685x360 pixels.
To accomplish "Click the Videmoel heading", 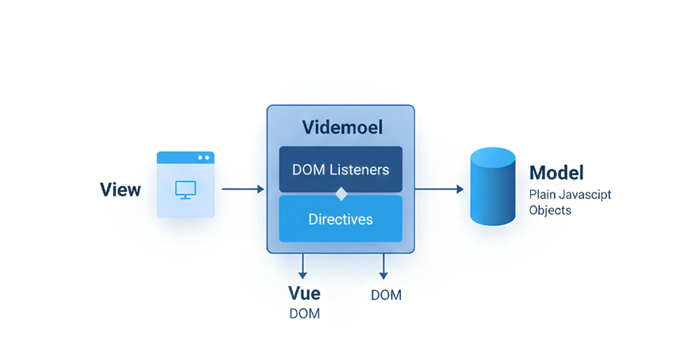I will point(342,127).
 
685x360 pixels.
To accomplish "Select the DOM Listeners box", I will point(340,170).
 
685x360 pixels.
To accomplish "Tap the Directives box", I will point(340,219).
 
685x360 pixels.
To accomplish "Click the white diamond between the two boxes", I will point(341,194).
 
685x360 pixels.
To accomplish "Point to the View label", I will point(120,190).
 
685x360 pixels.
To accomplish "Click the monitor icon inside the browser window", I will point(185,190).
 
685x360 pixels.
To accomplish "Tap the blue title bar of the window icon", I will point(185,158).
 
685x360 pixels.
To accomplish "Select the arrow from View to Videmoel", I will point(243,190).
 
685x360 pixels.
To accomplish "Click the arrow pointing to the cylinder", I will point(438,190).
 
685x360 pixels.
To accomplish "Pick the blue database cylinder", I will point(493,186).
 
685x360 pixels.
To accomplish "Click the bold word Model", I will point(556,173).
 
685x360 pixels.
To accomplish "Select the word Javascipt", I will point(585,195).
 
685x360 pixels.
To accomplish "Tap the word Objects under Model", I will point(550,210).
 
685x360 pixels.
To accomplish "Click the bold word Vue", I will point(304,293).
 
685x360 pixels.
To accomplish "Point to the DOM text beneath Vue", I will point(304,313).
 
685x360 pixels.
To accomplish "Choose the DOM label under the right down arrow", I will point(386,295).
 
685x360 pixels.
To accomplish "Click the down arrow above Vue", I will point(303,266).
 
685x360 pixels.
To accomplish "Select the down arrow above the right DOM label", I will point(384,266).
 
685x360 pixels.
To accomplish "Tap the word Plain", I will point(541,195).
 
